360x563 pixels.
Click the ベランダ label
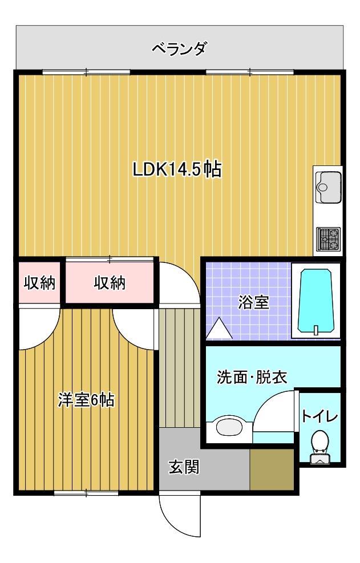click(179, 48)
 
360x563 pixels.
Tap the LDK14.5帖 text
click(177, 169)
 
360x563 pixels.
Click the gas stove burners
click(328, 239)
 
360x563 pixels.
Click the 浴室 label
click(253, 303)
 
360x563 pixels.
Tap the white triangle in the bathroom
click(219, 328)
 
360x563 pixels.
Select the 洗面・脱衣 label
click(251, 377)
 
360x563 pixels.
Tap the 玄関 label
click(184, 467)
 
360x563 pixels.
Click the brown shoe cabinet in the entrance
click(272, 469)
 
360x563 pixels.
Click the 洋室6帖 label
click(86, 400)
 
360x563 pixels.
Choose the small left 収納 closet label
click(39, 283)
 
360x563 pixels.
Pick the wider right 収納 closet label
click(109, 283)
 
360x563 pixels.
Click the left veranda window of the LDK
click(86, 72)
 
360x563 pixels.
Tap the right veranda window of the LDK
click(250, 72)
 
